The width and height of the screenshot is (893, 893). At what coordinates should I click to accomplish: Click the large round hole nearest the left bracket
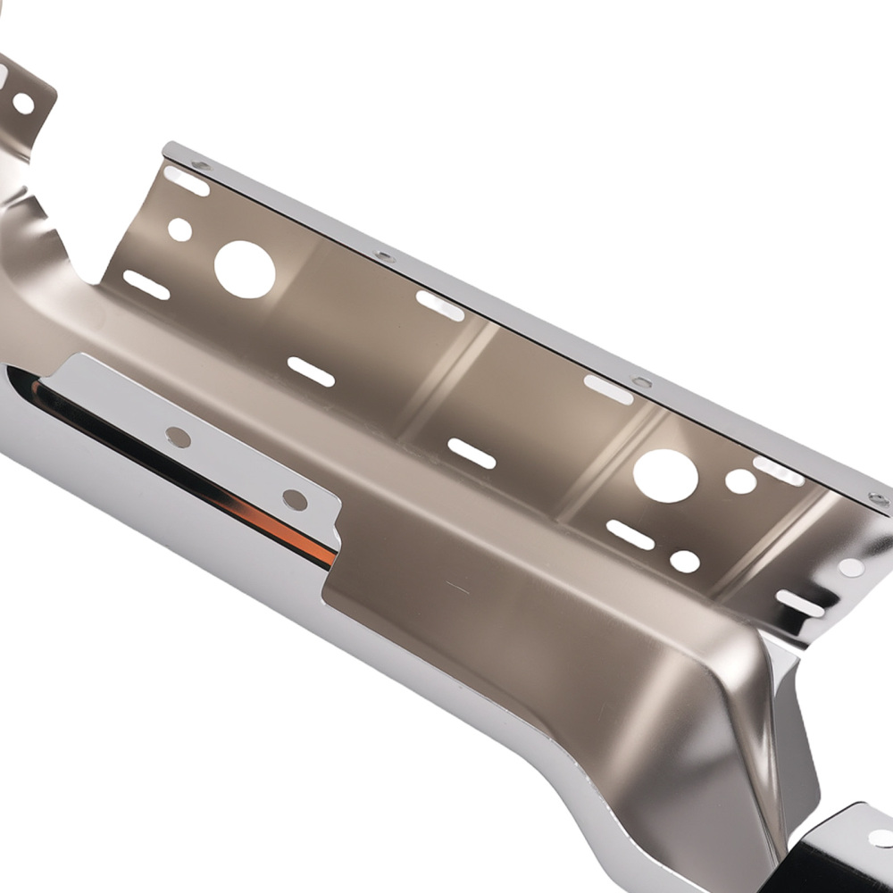coord(245,270)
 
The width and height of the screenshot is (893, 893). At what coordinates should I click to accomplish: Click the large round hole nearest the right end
coord(665,475)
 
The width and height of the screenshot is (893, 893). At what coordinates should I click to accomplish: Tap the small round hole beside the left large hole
coord(179,230)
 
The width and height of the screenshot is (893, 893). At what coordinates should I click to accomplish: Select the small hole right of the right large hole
coord(740,481)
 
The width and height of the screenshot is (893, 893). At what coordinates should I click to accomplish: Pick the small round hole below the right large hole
coord(685,562)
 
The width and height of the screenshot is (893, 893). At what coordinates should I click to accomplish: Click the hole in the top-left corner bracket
coord(23,104)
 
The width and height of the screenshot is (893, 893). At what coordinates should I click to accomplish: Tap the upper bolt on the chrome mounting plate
coord(179,437)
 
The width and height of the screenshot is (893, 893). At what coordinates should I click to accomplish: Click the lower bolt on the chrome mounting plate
coord(295,499)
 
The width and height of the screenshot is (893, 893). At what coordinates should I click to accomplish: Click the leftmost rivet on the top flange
coord(202,165)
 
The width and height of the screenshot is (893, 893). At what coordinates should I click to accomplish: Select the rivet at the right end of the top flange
coord(878,498)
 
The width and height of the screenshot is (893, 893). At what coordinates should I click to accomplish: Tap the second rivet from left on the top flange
coord(384,257)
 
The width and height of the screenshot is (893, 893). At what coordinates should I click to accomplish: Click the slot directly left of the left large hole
coord(146,285)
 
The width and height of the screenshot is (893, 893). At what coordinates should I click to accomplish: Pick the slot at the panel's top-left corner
coord(187,181)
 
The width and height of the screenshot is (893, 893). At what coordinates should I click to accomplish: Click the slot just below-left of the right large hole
coord(630,535)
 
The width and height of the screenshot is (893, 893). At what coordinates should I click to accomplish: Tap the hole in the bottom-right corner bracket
coord(880,838)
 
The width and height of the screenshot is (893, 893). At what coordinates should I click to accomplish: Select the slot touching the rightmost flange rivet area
coord(778,472)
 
